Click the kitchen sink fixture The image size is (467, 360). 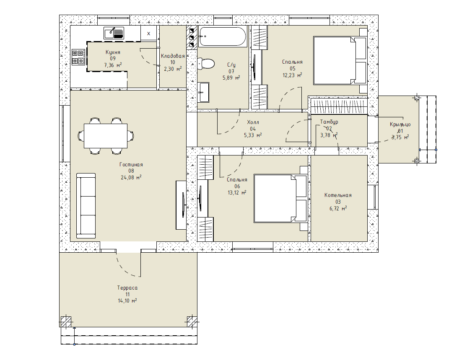click(x=114, y=33)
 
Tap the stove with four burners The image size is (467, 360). click(x=79, y=57)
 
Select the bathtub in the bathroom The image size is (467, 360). click(x=223, y=36)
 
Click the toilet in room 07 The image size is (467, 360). click(x=206, y=63)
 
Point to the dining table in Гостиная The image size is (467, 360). click(x=106, y=136)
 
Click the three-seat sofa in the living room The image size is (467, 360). click(x=86, y=206)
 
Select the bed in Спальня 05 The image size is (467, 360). click(x=340, y=60)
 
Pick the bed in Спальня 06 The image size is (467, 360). click(x=280, y=198)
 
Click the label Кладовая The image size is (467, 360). click(x=173, y=56)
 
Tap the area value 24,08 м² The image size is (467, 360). click(x=131, y=177)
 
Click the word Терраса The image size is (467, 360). click(x=127, y=288)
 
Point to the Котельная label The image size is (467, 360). click(x=338, y=195)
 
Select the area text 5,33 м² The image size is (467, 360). click(x=252, y=135)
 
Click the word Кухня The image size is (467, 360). click(x=113, y=52)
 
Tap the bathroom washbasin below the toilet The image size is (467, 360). click(x=204, y=92)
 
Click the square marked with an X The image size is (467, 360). click(x=149, y=34)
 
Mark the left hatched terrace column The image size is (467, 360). click(x=66, y=321)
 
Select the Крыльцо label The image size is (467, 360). click(x=400, y=124)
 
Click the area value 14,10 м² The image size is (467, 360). click(x=127, y=301)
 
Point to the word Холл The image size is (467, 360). click(x=253, y=122)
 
